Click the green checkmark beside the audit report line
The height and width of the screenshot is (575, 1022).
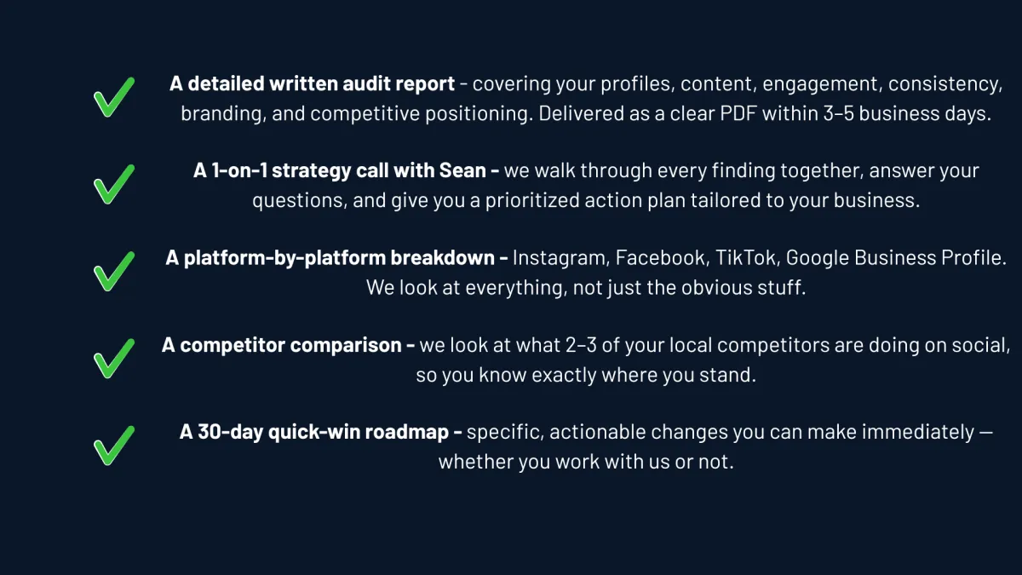pos(113,97)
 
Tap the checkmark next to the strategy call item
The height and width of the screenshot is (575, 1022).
pos(113,184)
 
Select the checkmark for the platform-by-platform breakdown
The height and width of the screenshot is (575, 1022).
pos(113,271)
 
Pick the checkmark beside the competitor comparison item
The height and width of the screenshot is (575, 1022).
pos(113,358)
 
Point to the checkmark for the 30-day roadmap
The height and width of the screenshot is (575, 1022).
pos(113,445)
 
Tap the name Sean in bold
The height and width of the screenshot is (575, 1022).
pos(463,170)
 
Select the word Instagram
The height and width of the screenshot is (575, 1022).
pos(560,258)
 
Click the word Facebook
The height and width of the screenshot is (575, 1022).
pos(662,258)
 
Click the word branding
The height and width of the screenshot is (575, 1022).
pos(221,114)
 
